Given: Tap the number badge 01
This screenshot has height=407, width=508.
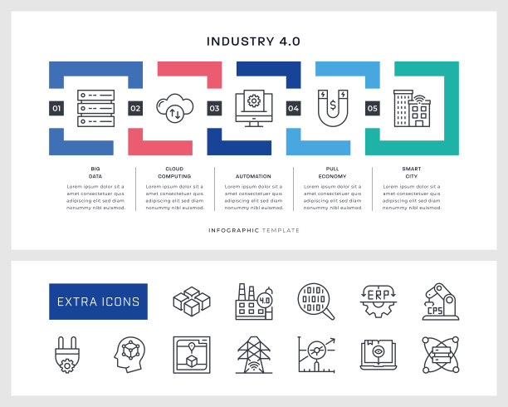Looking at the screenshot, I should pos(56,108).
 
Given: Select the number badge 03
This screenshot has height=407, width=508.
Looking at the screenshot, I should pos(214,108).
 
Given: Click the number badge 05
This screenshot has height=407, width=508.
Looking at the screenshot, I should pos(372,108).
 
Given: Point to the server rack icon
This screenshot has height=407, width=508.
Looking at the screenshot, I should pos(95,108).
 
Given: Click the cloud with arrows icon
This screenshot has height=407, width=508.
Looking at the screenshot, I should pos(174,108).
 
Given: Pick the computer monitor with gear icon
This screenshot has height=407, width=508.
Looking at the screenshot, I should pos(253,108).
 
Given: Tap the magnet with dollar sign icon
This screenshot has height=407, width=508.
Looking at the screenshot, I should pos(332,108).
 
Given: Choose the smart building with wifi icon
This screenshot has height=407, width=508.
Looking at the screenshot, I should pos(412,108).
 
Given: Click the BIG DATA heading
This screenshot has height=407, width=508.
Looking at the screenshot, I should pos(95,172).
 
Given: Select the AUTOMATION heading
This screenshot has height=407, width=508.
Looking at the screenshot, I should pos(253,176).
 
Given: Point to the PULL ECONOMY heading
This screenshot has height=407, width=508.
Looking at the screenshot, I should pos(332,172).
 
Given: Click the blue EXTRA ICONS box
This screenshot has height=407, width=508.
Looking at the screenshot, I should pos(98,302).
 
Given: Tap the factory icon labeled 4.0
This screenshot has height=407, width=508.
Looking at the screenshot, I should pos(253,302).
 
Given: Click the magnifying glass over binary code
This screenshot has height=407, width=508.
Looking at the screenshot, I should pos(316,302).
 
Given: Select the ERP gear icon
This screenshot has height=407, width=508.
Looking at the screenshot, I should pos(379,302).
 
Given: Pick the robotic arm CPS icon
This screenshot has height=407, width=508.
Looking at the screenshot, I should pos(442,302).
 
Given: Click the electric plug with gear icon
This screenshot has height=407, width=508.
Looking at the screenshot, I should pos(64,355).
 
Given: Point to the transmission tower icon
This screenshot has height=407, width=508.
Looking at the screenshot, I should pos(253,355).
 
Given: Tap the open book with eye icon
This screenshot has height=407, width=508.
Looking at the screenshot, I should pos(379,355).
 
